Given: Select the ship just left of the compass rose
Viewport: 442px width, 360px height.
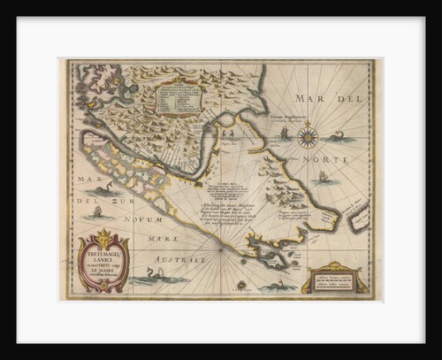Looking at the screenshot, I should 285,133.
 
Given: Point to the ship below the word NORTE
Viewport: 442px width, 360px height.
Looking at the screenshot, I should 323,177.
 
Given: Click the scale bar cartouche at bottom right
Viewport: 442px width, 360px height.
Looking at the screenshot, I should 333,279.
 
